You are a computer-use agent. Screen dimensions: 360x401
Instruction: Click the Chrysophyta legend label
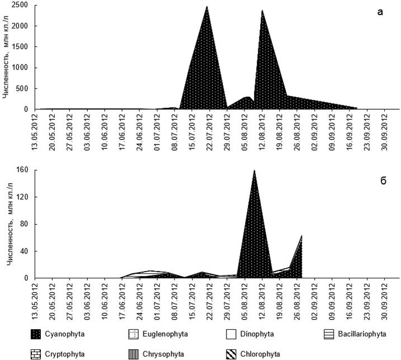coord(164,353)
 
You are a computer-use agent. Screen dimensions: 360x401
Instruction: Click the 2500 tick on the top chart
coord(21,5)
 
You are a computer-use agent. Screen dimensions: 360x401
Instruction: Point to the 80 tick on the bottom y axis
coord(25,224)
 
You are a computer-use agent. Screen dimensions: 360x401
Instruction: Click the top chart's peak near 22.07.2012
coord(207,7)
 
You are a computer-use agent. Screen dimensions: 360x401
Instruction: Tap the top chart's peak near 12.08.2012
coord(262,10)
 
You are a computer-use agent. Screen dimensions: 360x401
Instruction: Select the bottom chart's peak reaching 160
coord(254,170)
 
